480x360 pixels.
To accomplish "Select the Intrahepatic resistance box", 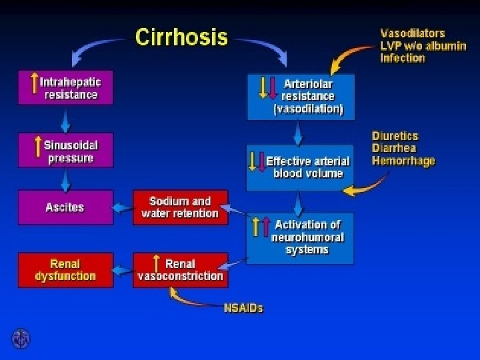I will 65,89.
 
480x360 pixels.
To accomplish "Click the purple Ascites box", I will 65,207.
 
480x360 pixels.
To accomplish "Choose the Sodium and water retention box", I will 180,207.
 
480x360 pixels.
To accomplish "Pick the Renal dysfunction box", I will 65,270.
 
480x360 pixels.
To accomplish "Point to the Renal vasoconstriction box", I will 180,270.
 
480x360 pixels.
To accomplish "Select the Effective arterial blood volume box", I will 300,167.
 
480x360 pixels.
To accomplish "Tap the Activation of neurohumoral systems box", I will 300,237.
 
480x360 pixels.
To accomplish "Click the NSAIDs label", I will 243,308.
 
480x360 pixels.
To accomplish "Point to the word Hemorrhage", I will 403,161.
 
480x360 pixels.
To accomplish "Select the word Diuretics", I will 395,136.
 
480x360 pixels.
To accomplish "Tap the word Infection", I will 403,58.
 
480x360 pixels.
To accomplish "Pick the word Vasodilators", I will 413,33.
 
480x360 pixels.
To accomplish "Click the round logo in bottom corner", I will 21,338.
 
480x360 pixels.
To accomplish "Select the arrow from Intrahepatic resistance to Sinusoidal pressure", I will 65,119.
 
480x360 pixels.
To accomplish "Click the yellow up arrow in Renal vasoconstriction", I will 156,263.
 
